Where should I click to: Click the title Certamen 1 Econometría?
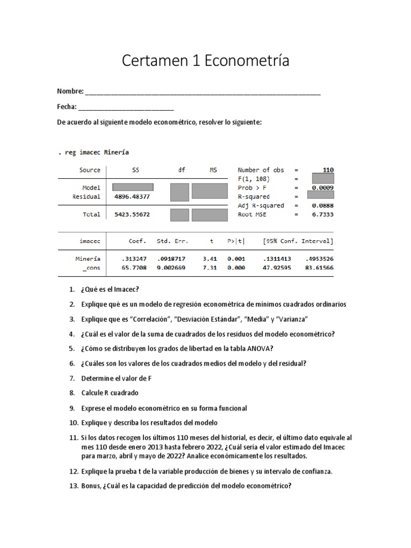click(x=205, y=61)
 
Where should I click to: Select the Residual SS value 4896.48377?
click(x=132, y=196)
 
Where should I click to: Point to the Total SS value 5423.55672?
click(x=132, y=215)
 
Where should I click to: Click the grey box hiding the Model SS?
click(x=133, y=187)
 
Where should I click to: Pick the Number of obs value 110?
click(x=325, y=170)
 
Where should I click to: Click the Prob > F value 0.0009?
click(x=323, y=188)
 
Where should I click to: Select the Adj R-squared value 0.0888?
click(x=323, y=205)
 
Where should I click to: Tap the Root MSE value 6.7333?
click(x=323, y=215)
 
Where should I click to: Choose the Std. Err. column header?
click(x=171, y=241)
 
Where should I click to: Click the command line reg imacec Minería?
click(x=93, y=153)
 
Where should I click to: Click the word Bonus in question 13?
click(x=92, y=486)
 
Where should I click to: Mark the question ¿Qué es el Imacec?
click(x=110, y=290)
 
